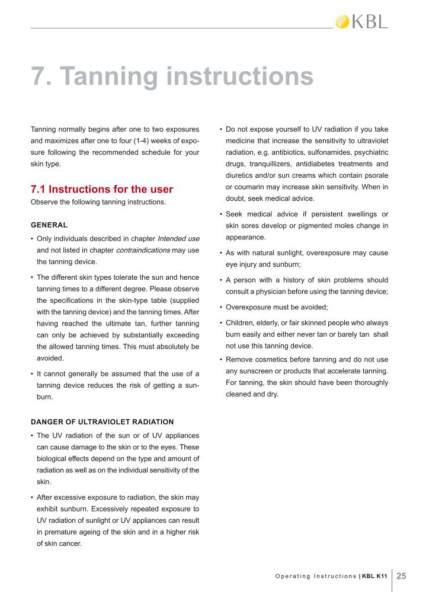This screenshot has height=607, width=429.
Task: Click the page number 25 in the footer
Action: [x=402, y=576]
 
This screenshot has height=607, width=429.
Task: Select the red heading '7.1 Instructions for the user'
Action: [x=101, y=190]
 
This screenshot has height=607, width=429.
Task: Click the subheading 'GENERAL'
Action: [x=49, y=225]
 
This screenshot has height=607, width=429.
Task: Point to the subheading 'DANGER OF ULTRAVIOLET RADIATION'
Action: [x=102, y=422]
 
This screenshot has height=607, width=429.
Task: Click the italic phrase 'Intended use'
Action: [x=177, y=238]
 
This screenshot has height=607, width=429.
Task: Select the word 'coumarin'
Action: [x=248, y=187]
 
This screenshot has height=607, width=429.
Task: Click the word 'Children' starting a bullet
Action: [x=241, y=322]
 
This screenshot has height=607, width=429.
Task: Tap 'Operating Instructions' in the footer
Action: [x=316, y=576]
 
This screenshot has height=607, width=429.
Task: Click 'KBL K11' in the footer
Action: [x=375, y=576]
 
